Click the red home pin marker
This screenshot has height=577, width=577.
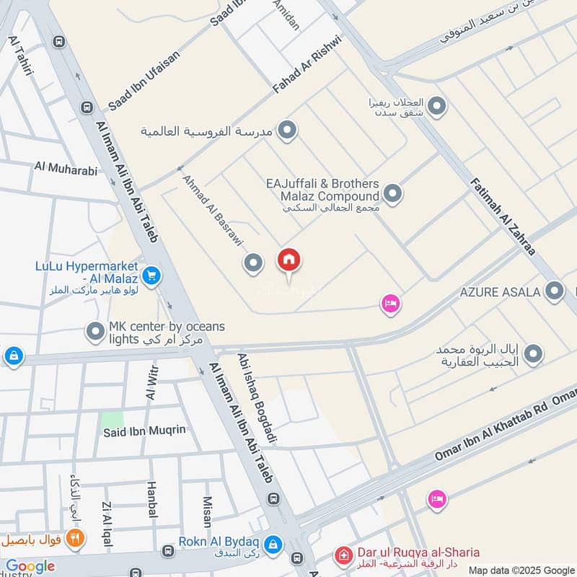pyautogui.click(x=289, y=260)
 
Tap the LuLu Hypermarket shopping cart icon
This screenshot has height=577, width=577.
pyautogui.click(x=151, y=275)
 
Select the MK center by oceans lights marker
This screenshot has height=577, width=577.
pyautogui.click(x=96, y=332)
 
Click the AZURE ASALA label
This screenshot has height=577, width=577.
pyautogui.click(x=500, y=292)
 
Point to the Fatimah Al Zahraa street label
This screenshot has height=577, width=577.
pyautogui.click(x=503, y=216)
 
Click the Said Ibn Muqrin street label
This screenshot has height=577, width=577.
pyautogui.click(x=145, y=431)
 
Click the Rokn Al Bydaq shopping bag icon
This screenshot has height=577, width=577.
pyautogui.click(x=273, y=544)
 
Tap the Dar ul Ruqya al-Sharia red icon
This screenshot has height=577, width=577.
pyautogui.click(x=344, y=554)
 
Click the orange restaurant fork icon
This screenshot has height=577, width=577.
pyautogui.click(x=74, y=538)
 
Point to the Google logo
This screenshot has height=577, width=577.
pyautogui.click(x=30, y=566)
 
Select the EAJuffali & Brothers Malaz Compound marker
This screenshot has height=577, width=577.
pyautogui.click(x=392, y=193)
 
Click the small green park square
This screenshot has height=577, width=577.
pyautogui.click(x=112, y=419)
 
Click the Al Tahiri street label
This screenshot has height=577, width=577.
pyautogui.click(x=21, y=61)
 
